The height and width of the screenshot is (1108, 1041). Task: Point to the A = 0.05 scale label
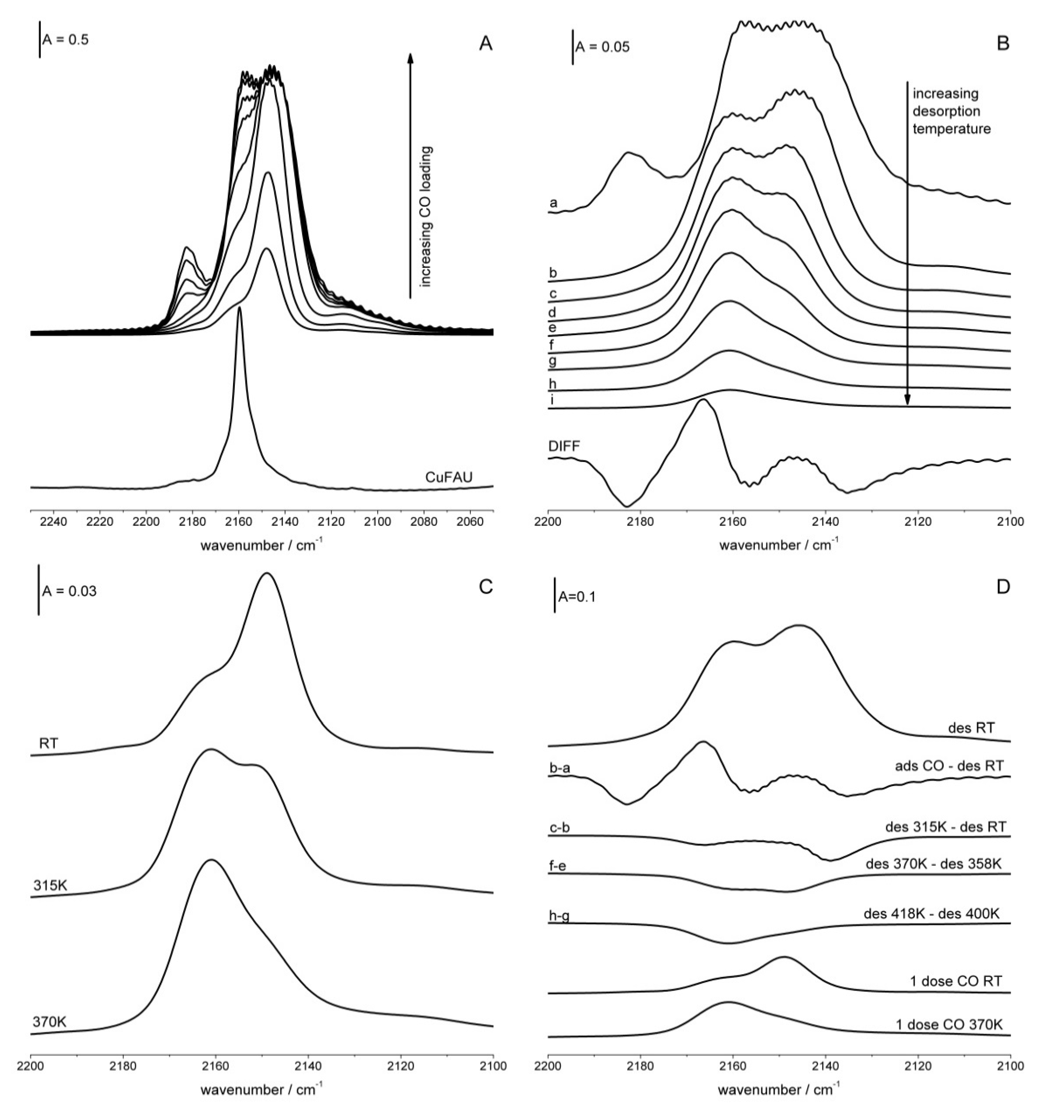point(602,47)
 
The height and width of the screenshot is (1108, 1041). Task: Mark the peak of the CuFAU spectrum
point(240,308)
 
